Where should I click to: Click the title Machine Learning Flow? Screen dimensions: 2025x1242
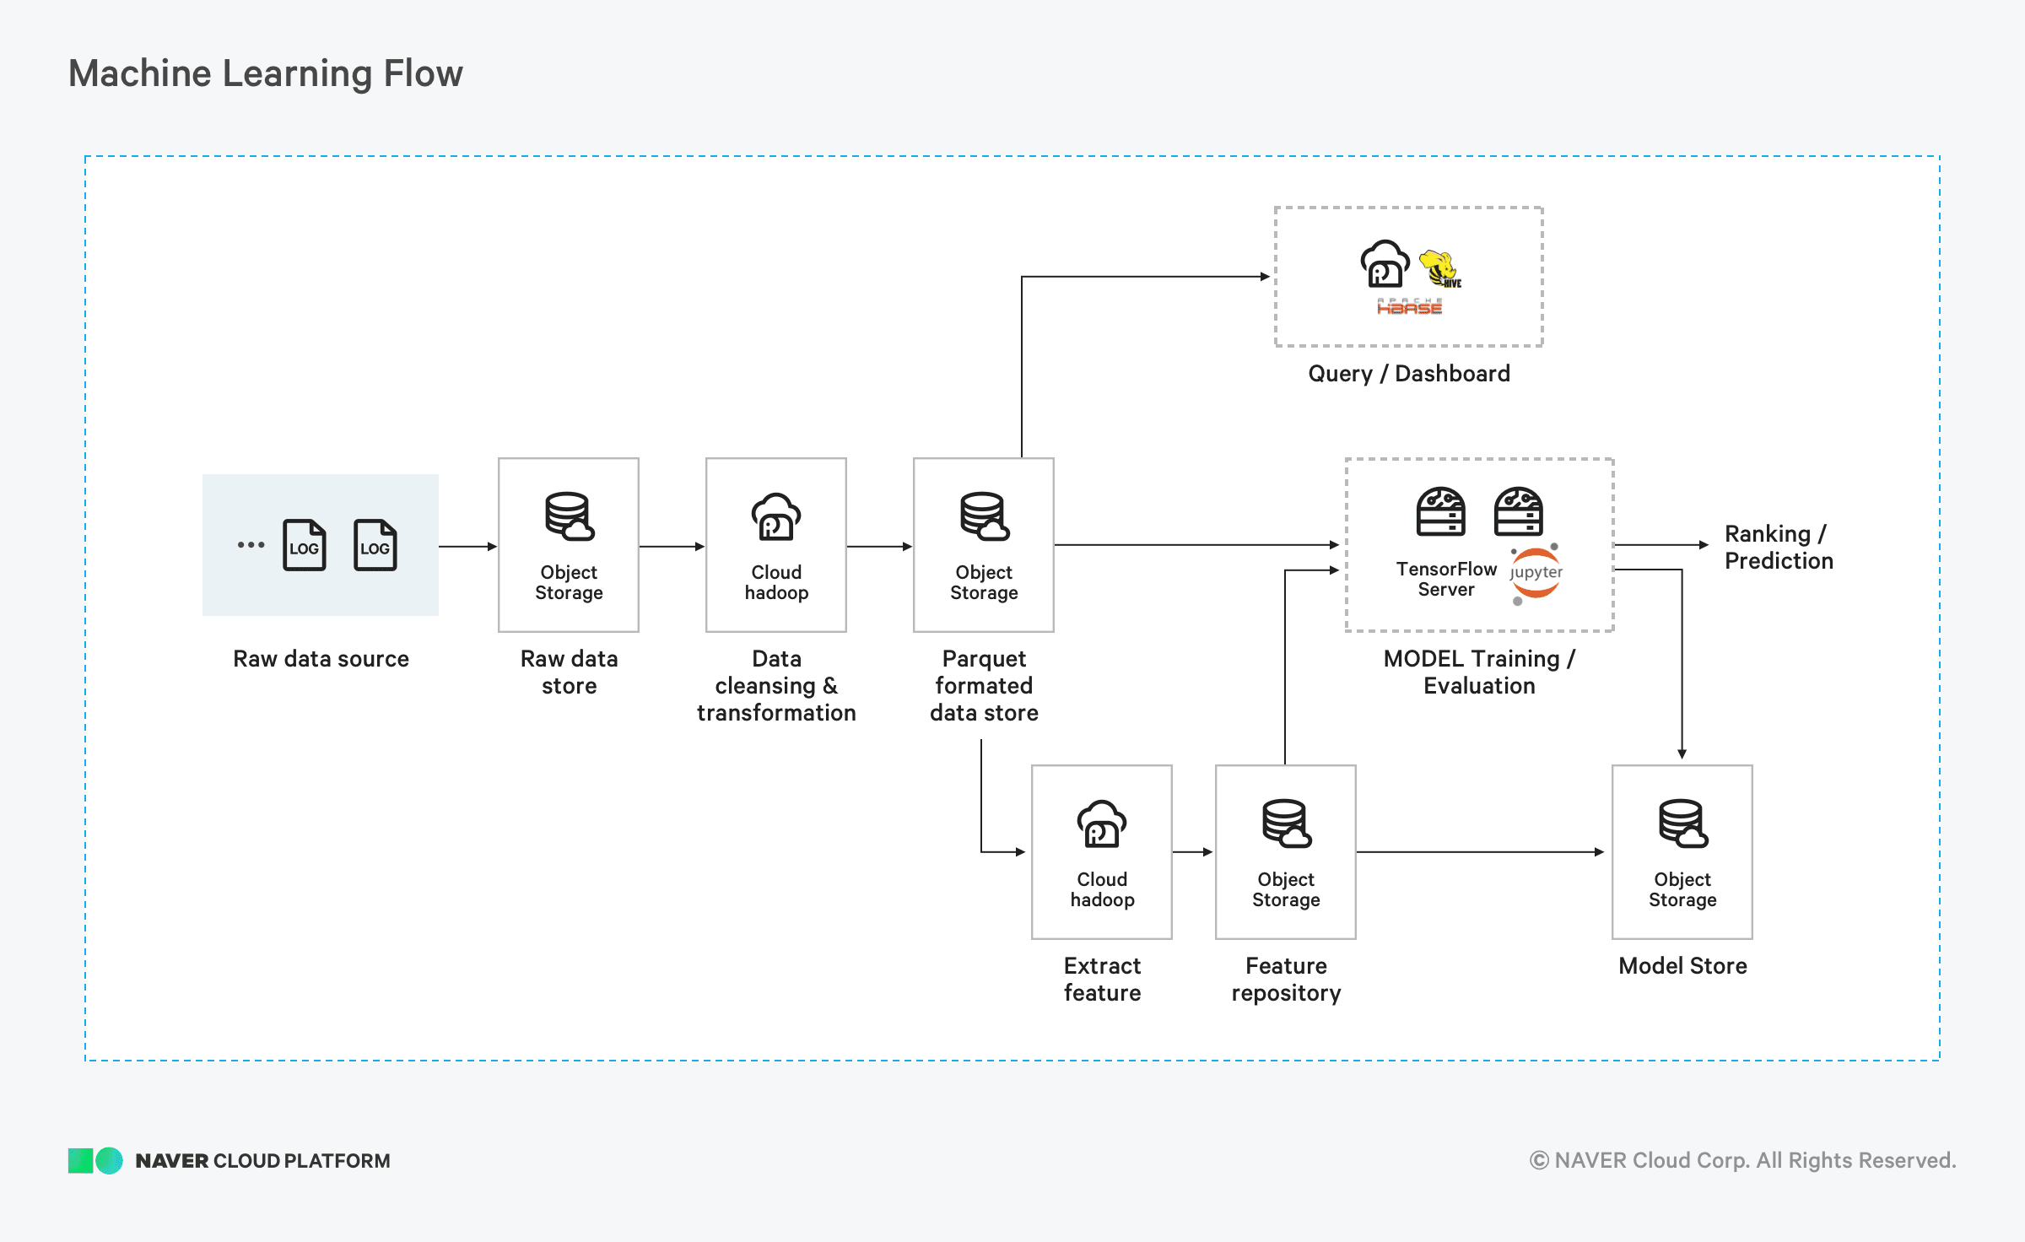click(x=266, y=73)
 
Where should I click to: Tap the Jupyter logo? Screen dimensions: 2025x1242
click(x=1536, y=574)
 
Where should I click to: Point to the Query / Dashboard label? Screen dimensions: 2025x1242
click(x=1409, y=374)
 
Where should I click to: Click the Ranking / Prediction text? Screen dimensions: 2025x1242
click(x=1779, y=548)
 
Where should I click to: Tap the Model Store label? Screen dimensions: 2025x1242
click(x=1682, y=966)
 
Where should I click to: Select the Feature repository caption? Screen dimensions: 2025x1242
click(x=1286, y=980)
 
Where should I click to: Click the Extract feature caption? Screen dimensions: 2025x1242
click(x=1102, y=980)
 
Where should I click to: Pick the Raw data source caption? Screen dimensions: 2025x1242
click(x=321, y=659)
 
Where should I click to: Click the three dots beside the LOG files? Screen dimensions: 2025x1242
click(x=251, y=545)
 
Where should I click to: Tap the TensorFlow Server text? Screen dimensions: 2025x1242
click(x=1446, y=580)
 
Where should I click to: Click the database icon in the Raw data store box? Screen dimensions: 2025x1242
click(x=570, y=516)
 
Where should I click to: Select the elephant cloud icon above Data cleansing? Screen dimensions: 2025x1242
click(x=776, y=516)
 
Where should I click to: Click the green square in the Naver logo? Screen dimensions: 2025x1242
click(x=80, y=1161)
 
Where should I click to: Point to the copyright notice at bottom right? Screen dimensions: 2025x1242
click(x=1742, y=1161)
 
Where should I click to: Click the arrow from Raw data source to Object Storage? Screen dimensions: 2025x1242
click(x=468, y=547)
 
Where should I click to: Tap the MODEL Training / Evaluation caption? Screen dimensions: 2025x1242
click(x=1479, y=672)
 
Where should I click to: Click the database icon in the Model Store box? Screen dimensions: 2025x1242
click(x=1683, y=823)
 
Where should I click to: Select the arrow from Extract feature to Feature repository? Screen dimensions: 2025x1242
click(x=1193, y=852)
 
